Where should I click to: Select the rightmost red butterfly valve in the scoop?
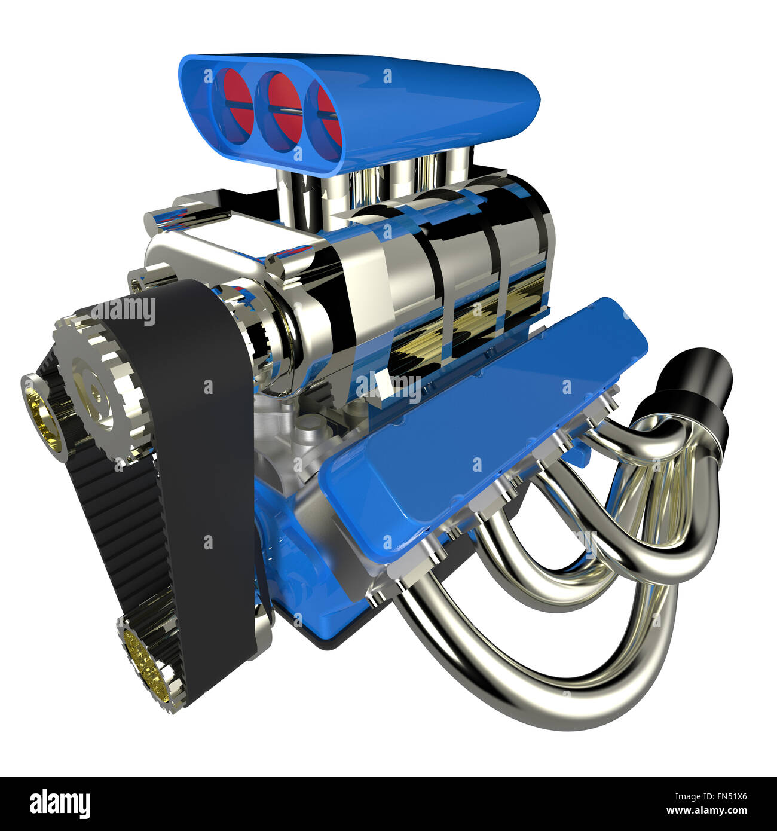tap(325, 111)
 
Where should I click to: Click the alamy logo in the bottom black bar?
tap(60, 804)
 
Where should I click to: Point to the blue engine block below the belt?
tap(287, 556)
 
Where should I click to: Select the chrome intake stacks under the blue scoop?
tap(371, 179)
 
